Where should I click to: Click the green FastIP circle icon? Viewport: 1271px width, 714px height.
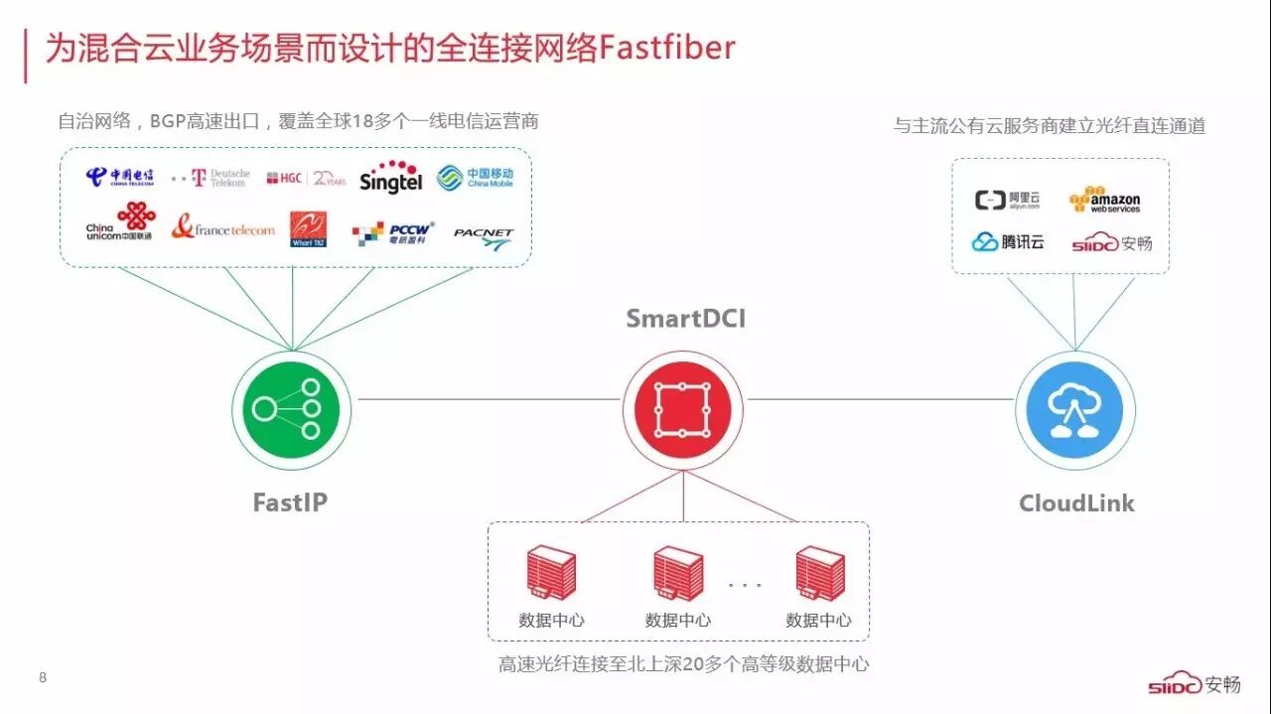[286, 408]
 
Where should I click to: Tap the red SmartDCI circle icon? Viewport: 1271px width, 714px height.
[682, 408]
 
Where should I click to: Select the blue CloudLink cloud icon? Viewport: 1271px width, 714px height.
[1074, 408]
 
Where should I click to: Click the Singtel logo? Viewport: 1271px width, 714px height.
[391, 177]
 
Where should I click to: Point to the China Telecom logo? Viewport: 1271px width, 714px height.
[120, 177]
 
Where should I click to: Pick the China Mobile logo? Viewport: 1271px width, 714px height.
[476, 178]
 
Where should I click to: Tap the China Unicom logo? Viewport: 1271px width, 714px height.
[120, 223]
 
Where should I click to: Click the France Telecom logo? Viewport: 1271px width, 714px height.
[222, 228]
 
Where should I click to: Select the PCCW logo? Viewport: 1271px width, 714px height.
[393, 232]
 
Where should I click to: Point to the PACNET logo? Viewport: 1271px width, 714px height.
[484, 236]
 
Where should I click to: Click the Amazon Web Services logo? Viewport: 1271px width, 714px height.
[1105, 200]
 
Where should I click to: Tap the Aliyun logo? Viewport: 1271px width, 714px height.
[1008, 201]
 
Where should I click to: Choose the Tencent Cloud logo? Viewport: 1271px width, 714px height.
[1008, 241]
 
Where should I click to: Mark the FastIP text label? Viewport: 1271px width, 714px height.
[290, 502]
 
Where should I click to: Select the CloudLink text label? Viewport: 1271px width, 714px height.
[1076, 503]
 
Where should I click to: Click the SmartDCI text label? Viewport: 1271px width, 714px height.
[685, 319]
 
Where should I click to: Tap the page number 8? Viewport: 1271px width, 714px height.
[43, 678]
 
